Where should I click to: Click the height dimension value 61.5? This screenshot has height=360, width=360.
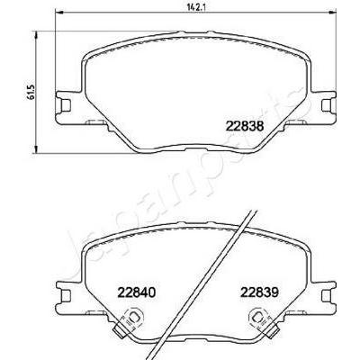(32, 92)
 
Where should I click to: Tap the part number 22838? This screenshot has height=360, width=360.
(245, 126)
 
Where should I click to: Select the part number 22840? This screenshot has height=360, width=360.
(137, 292)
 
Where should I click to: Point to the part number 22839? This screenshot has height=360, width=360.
(260, 292)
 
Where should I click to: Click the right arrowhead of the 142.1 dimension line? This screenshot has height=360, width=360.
(333, 13)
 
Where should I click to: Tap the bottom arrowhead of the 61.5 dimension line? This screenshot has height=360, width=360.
(36, 149)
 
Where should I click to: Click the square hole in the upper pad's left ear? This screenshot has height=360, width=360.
(66, 105)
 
